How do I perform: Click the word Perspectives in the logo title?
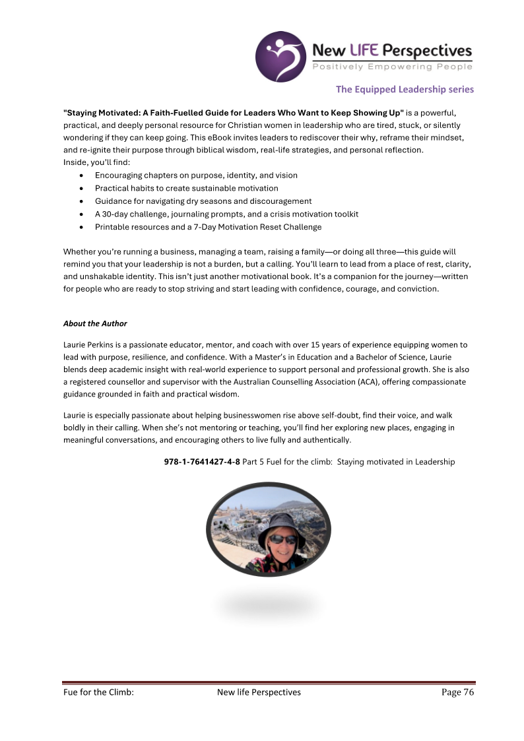[x=430, y=51]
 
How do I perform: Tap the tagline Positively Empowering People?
[x=392, y=67]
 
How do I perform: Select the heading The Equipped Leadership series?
[x=405, y=89]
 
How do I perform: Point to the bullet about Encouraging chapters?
[x=196, y=176]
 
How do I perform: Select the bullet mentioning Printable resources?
[x=208, y=227]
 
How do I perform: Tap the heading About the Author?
[x=95, y=323]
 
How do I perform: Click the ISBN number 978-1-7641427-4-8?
[x=202, y=462]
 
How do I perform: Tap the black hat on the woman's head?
[x=280, y=521]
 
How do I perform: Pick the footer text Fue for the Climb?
[x=98, y=692]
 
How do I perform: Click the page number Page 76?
[x=458, y=692]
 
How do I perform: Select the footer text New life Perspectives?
[x=259, y=692]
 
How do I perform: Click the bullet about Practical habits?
[x=186, y=188]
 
